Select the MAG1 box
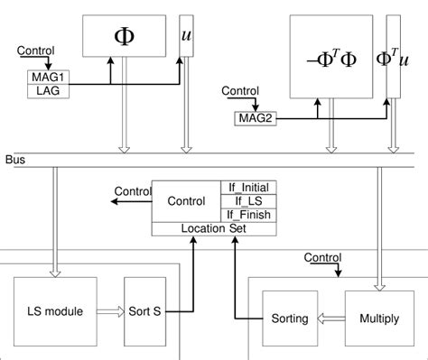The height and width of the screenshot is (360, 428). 42,78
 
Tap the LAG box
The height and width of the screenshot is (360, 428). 42,90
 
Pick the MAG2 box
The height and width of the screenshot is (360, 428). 256,117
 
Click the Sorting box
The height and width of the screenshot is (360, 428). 291,318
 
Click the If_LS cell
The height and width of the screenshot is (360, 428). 249,201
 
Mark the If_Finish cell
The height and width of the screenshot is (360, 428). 249,215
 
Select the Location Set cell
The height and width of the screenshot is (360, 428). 215,229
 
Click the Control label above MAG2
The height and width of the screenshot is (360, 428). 240,91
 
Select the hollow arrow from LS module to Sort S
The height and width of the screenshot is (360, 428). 107,311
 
